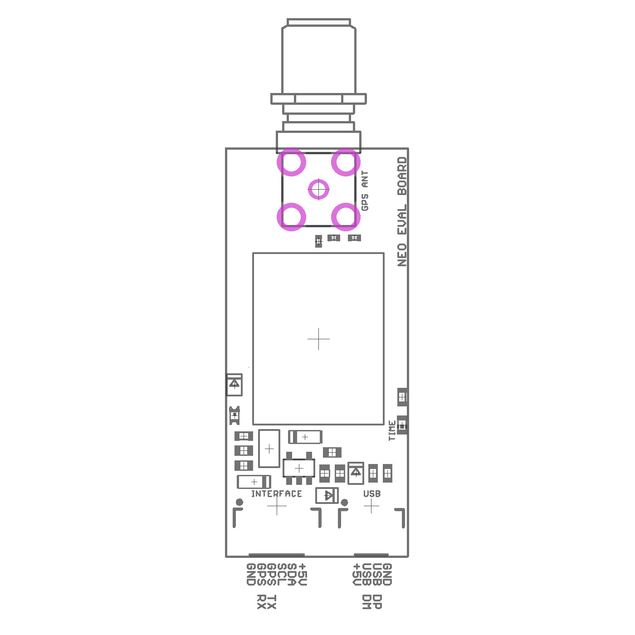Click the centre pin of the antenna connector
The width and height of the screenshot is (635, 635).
click(x=318, y=189)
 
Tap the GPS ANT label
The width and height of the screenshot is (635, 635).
click(x=365, y=190)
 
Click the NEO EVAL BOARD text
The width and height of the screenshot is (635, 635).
click(x=402, y=211)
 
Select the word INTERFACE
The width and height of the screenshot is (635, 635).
click(x=276, y=493)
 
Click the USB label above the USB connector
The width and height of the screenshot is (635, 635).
click(x=371, y=493)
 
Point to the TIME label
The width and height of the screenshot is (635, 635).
click(x=392, y=430)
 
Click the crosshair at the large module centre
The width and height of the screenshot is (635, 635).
click(x=318, y=339)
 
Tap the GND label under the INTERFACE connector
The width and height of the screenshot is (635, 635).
click(x=251, y=574)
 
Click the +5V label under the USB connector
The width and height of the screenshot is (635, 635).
click(x=357, y=574)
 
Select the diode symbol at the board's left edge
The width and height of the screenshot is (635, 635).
click(x=234, y=384)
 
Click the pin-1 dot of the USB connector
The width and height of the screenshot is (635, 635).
click(x=344, y=502)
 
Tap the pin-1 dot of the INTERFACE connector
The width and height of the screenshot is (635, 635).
click(x=239, y=502)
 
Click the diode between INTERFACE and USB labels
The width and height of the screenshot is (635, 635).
click(x=327, y=495)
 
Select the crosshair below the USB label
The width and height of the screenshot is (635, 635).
click(x=371, y=506)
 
